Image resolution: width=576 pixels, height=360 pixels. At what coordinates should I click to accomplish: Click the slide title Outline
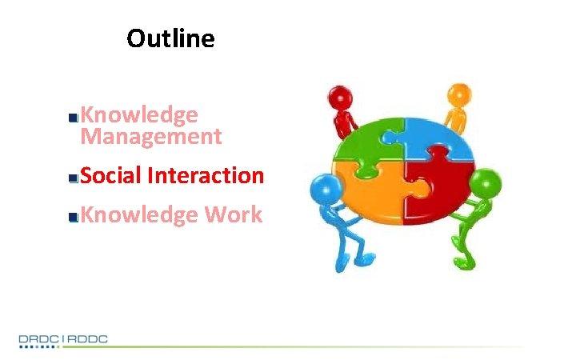tap(170, 38)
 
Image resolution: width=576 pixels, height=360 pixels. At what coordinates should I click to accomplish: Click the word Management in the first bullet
tap(150, 137)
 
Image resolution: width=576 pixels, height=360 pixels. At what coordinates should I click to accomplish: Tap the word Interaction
tap(206, 175)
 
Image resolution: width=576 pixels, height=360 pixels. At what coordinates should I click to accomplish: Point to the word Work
tap(234, 214)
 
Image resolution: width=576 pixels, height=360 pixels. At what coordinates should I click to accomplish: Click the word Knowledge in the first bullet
tap(139, 115)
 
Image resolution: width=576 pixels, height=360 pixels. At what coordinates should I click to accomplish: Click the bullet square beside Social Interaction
tap(74, 178)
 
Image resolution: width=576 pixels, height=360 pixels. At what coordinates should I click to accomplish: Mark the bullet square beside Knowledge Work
tap(74, 217)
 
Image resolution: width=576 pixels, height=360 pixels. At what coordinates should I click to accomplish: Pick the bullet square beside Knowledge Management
tap(74, 118)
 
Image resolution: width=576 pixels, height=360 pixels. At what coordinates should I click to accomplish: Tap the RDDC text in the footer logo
tap(87, 339)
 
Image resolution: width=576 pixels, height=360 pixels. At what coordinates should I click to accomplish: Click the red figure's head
tap(342, 97)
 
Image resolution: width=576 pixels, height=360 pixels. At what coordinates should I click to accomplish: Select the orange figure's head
tap(458, 94)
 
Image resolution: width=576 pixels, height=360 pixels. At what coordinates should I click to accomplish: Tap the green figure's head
tap(485, 183)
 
